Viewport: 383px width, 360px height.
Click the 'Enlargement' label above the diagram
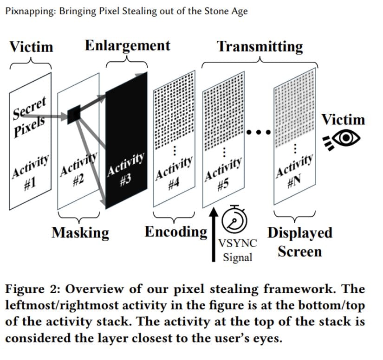[127, 45]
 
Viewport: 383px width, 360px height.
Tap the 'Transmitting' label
[260, 46]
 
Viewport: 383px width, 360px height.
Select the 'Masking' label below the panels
[80, 232]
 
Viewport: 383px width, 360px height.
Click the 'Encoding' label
[175, 231]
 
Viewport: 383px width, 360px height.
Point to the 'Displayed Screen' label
[299, 242]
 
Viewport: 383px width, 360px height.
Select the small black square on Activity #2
[74, 114]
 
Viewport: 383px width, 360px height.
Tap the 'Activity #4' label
[173, 174]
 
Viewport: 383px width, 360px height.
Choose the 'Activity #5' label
[223, 174]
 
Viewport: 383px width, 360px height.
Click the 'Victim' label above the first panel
[31, 46]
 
